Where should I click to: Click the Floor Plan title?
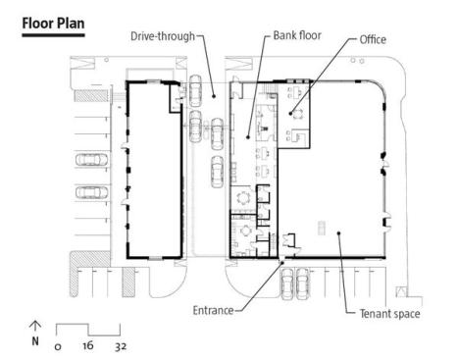(53, 24)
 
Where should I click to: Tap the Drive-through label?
(163, 36)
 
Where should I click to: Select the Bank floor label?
(297, 35)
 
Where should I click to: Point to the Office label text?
(373, 39)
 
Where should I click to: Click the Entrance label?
(213, 310)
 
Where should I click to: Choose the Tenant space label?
(389, 314)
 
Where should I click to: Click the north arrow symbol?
(35, 326)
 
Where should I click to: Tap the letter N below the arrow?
(35, 341)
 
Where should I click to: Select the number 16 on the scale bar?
(88, 345)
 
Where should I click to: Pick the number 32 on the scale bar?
(121, 346)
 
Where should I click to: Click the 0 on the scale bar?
(58, 346)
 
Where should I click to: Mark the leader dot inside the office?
(290, 114)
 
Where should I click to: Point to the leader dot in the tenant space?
(339, 233)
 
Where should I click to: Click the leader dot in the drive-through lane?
(214, 96)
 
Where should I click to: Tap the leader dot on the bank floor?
(248, 137)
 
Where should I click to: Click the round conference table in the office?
(297, 114)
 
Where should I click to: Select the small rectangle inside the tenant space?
(322, 228)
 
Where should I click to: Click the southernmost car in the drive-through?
(217, 172)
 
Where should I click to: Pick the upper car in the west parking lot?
(91, 160)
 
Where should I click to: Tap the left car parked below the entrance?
(287, 283)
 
